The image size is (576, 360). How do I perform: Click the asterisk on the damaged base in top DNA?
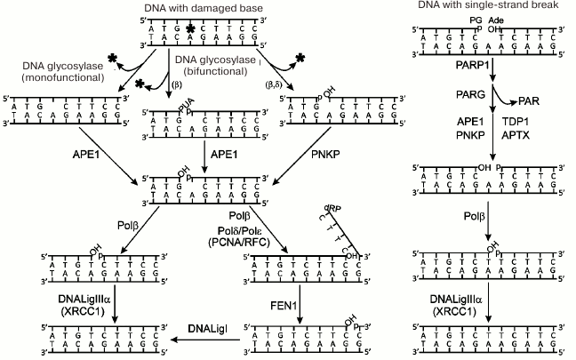[189, 29]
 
